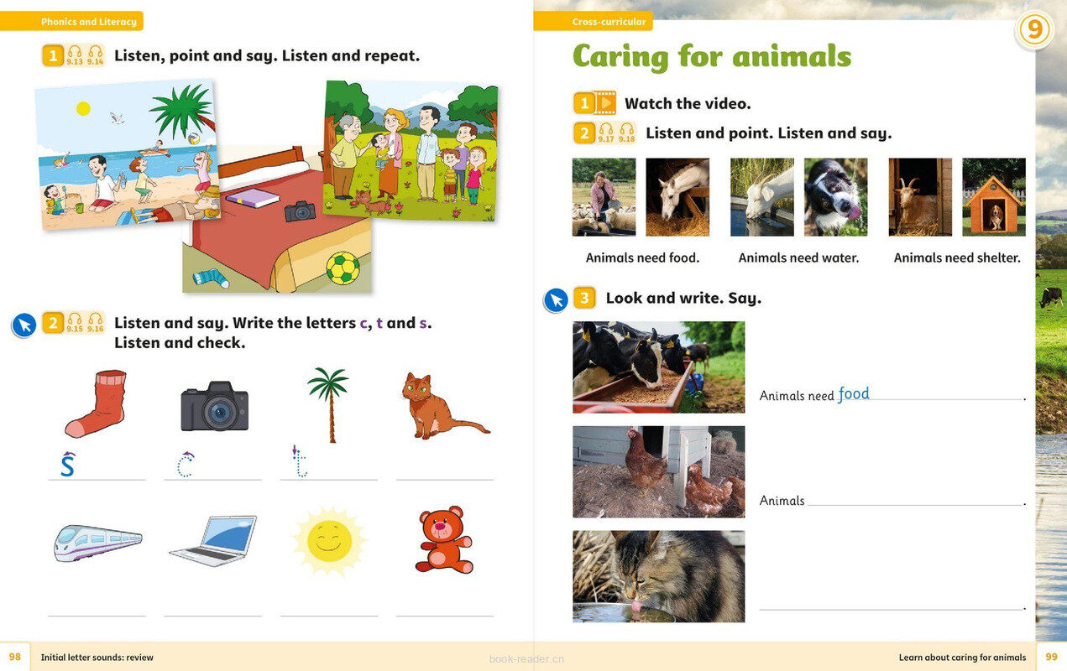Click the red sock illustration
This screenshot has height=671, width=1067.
(x=97, y=403)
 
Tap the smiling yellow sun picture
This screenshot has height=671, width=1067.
(x=329, y=541)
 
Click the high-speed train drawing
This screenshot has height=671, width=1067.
(x=97, y=543)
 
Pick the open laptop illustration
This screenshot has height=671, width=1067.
(x=214, y=541)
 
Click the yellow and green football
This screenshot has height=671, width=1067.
(x=343, y=268)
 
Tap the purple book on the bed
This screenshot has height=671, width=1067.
(x=253, y=198)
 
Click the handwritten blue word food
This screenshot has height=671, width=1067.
(x=854, y=393)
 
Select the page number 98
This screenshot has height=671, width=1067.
(x=15, y=657)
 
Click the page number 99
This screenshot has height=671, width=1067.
(x=1051, y=657)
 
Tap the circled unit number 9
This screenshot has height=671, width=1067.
(x=1034, y=29)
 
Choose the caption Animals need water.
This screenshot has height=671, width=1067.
(x=799, y=258)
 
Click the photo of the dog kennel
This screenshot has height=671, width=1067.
(x=994, y=197)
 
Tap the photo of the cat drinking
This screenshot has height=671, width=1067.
(x=658, y=576)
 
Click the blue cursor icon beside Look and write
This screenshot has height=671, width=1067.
(x=556, y=300)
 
